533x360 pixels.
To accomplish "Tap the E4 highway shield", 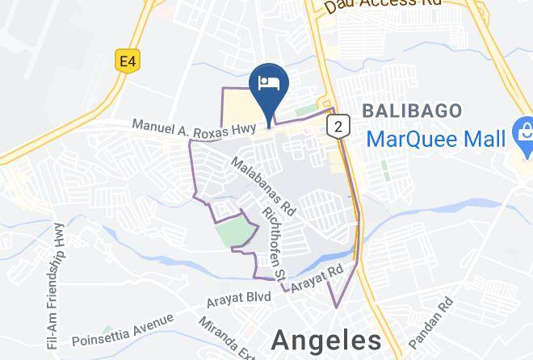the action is pyautogui.click(x=125, y=61).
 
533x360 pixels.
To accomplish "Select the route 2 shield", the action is pyautogui.click(x=338, y=125).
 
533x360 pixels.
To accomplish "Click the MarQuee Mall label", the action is pyautogui.click(x=435, y=138).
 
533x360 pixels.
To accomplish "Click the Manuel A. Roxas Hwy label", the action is pyautogui.click(x=195, y=127).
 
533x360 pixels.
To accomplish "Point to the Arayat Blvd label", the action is pyautogui.click(x=238, y=298).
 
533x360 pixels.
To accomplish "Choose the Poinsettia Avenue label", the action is pyautogui.click(x=122, y=329).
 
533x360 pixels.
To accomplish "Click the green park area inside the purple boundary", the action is pyautogui.click(x=235, y=231).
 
